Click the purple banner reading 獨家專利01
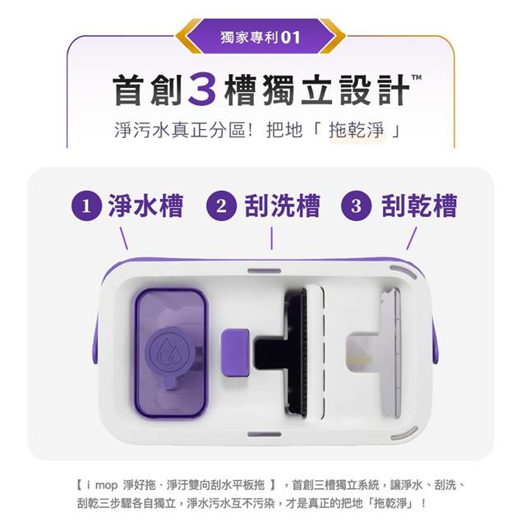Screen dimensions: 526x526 [x=261, y=36]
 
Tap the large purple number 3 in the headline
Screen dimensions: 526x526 [x=202, y=90]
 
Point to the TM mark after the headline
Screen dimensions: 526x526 [x=417, y=77]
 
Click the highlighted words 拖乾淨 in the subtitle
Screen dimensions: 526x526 [x=357, y=130]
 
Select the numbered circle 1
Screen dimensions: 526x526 [x=86, y=205]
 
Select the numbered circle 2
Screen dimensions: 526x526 [x=221, y=205]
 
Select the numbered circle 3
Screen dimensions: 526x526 [x=356, y=205]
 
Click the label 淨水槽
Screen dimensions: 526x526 [x=145, y=205]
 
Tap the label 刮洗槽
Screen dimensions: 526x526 [x=282, y=205]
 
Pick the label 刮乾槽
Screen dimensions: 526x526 [x=419, y=205]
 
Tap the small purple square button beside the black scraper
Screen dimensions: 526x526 [x=235, y=353]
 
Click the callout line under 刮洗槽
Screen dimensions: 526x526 [x=271, y=238]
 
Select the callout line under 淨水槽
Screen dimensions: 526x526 [x=124, y=238]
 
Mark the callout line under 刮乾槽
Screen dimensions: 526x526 [x=412, y=238]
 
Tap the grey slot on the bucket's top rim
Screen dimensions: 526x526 [x=265, y=270]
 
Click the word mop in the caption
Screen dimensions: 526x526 [x=106, y=486]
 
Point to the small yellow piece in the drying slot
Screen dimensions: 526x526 [x=361, y=361]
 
